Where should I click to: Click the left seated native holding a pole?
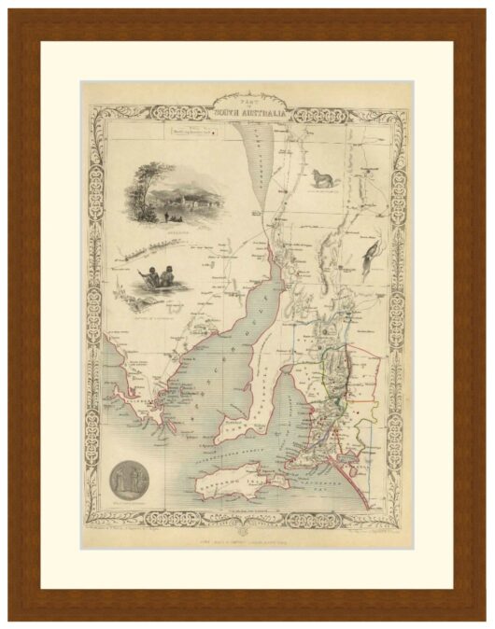(149, 277)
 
